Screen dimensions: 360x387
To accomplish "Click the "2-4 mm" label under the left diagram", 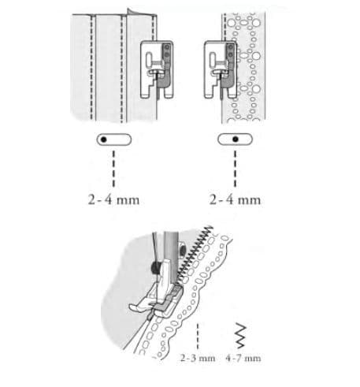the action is pyautogui.click(x=113, y=200).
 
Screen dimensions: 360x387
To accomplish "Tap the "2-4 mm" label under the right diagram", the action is pyautogui.click(x=235, y=200).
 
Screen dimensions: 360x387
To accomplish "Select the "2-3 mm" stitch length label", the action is pyautogui.click(x=198, y=358).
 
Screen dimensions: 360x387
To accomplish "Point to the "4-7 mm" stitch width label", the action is pyautogui.click(x=243, y=358).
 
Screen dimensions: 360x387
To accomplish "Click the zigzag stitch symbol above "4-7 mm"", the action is pyautogui.click(x=241, y=336).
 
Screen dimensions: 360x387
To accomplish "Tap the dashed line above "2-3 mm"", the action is pyautogui.click(x=198, y=337).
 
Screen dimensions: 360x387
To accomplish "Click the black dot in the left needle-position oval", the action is pyautogui.click(x=104, y=140).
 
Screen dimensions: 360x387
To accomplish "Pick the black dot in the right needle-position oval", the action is pyautogui.click(x=236, y=140).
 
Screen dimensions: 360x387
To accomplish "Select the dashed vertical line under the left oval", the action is pyautogui.click(x=113, y=169).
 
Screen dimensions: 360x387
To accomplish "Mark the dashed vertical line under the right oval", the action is pyautogui.click(x=235, y=169).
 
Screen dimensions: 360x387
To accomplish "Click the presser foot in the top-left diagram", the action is pyautogui.click(x=157, y=69).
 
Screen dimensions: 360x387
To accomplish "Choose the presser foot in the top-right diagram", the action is pyautogui.click(x=221, y=69).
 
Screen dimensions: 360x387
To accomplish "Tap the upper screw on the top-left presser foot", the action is pyautogui.click(x=166, y=47).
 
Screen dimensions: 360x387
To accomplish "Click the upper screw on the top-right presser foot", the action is pyautogui.click(x=230, y=47).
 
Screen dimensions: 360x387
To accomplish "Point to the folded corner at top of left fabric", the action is pyautogui.click(x=132, y=12).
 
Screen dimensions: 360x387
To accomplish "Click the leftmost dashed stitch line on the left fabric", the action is pyautogui.click(x=91, y=68).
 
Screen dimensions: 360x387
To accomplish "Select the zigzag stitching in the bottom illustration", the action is pyautogui.click(x=195, y=253).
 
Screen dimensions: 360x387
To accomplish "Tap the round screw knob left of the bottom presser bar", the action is pyautogui.click(x=154, y=267).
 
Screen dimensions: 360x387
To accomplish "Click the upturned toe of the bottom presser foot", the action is pyautogui.click(x=135, y=307).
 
